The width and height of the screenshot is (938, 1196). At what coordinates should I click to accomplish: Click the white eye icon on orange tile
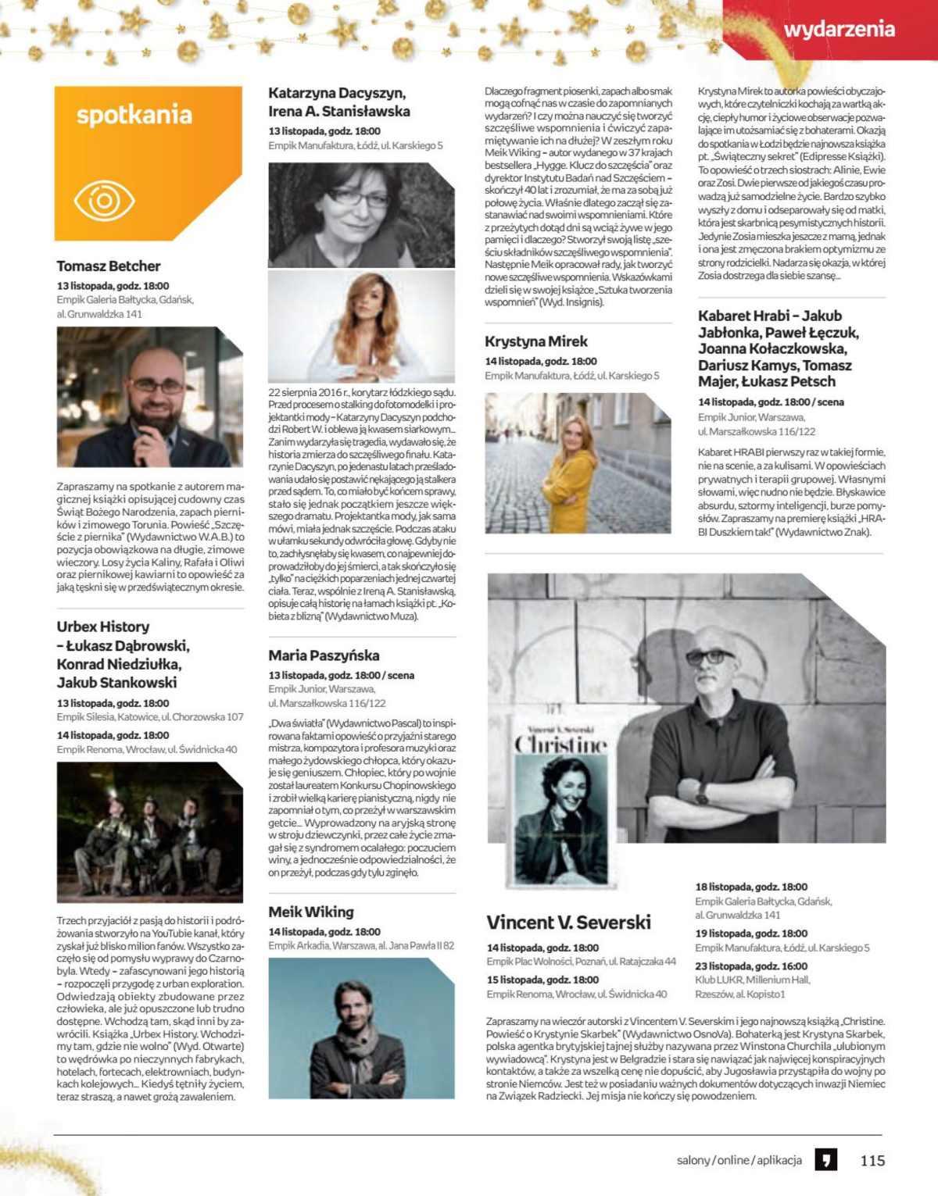104,201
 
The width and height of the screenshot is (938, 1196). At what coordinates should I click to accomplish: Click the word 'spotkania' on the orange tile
134,116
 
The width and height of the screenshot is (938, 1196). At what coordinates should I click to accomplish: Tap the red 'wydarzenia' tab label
838,30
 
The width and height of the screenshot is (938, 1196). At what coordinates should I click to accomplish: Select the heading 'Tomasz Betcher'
109,266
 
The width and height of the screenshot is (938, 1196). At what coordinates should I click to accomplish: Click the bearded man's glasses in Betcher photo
158,385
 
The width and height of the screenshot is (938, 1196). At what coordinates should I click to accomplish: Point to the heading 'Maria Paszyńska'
324,655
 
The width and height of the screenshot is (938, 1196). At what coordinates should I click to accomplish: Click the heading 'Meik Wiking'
311,912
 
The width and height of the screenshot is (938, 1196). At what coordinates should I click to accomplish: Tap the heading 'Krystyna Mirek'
535,341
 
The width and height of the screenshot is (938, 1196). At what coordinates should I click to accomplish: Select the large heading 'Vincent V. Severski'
568,922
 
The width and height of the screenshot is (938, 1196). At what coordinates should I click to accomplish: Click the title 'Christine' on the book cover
560,744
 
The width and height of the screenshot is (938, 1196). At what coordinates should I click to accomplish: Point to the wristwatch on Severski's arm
702,793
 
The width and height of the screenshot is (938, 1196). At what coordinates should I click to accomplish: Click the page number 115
872,1160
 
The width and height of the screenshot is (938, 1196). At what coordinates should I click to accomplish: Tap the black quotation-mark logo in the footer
825,1159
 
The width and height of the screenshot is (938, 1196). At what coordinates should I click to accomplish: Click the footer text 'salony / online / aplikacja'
739,1160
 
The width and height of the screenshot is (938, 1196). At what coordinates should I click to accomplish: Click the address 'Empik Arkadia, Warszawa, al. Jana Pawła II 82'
361,946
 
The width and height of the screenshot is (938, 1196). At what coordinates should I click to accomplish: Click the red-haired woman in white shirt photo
361,326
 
